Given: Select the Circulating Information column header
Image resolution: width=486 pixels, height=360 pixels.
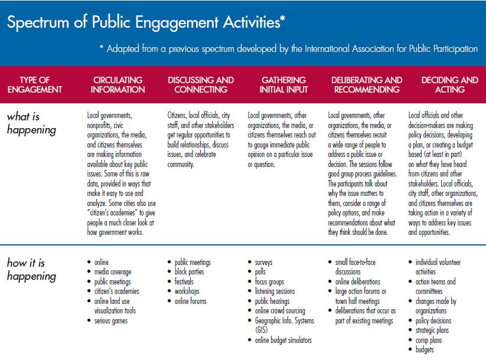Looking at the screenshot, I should click(x=119, y=85).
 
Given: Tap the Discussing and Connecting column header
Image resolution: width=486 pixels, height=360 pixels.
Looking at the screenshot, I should click(x=201, y=85).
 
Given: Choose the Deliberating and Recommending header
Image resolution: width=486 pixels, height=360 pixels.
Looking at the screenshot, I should click(x=367, y=85).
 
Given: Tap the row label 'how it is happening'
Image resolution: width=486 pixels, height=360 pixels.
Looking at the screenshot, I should click(x=31, y=269).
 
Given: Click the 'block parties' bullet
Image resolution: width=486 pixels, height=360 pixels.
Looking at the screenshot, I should click(x=189, y=272).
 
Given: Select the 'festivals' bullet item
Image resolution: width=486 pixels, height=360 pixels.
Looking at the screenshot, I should click(x=184, y=282).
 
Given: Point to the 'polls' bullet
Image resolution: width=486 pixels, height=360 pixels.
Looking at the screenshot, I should click(x=260, y=272).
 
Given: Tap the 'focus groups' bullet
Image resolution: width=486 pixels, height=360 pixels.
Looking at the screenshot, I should click(x=269, y=282).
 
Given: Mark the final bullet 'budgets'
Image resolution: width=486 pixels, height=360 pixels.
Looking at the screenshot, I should click(x=425, y=349).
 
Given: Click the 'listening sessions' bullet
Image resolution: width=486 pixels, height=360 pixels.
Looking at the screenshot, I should click(x=274, y=292).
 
